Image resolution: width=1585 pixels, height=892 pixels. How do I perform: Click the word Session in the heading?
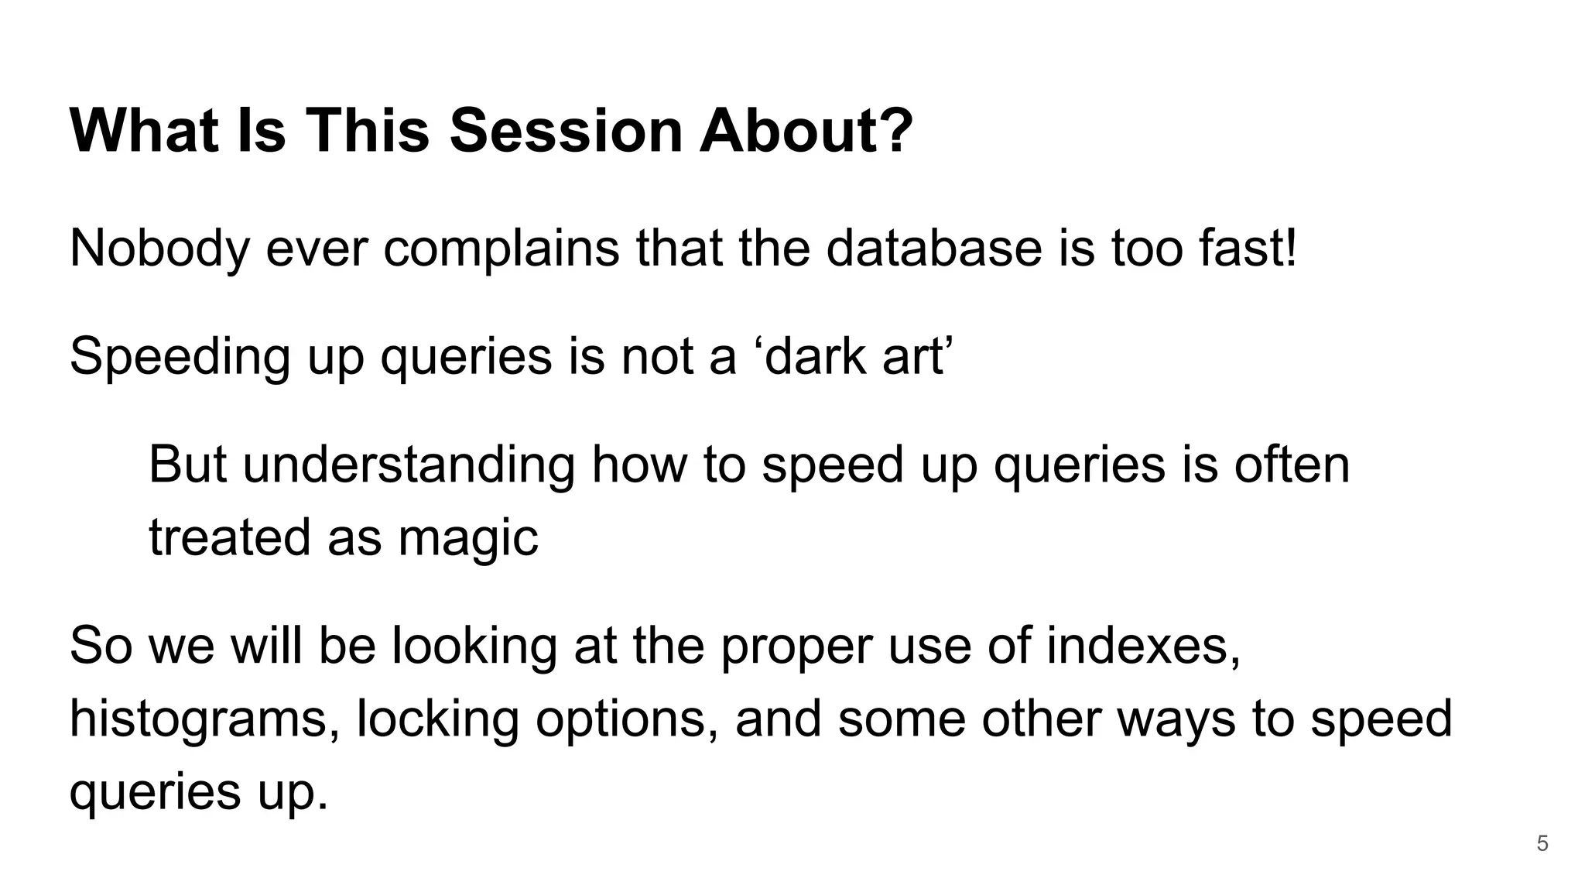click(x=566, y=130)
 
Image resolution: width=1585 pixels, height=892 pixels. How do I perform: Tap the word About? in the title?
click(x=806, y=130)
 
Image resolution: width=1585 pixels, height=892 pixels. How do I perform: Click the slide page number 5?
click(x=1542, y=843)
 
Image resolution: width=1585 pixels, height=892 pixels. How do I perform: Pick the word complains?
click(x=501, y=249)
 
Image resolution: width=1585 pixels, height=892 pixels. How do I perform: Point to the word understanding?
click(x=409, y=465)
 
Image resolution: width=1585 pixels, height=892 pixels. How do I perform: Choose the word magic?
click(x=467, y=537)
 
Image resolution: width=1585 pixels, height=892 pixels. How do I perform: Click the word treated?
click(x=229, y=537)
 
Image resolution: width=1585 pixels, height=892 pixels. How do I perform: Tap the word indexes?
click(x=1143, y=646)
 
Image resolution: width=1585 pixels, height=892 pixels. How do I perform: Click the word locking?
click(x=437, y=719)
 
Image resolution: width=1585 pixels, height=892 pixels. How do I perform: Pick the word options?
click(x=625, y=719)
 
